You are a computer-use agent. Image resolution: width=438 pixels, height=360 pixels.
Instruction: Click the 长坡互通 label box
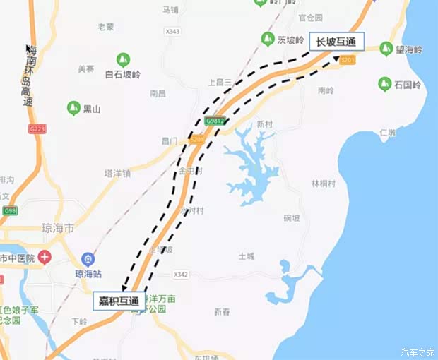[x=336, y=42]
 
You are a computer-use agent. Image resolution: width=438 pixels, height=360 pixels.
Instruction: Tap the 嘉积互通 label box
[x=118, y=301]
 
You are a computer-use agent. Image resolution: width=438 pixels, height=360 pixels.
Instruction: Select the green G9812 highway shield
[x=215, y=121]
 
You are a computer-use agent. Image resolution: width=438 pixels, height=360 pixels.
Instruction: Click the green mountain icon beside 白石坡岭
[x=122, y=59]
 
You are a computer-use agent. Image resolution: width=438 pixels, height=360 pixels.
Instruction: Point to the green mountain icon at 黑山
[x=72, y=109]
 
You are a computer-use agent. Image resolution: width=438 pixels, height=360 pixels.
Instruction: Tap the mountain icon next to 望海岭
[x=386, y=49]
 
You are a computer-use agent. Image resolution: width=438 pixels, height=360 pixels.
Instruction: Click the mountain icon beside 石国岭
[x=385, y=84]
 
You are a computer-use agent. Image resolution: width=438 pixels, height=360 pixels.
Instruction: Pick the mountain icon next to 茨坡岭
[x=268, y=39]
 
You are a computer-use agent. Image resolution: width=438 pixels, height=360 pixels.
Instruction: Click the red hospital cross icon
[x=45, y=257]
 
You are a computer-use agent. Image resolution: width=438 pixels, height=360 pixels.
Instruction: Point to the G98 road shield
[x=10, y=210]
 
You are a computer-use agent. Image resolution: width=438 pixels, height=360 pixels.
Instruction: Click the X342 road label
[x=181, y=274]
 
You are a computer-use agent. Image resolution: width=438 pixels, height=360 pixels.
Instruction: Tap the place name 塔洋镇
[x=117, y=173]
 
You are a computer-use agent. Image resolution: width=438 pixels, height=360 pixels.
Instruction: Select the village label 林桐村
[x=324, y=183]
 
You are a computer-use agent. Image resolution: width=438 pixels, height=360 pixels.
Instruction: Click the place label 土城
[x=246, y=256]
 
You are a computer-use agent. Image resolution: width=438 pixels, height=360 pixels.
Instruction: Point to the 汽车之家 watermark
[x=418, y=352]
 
